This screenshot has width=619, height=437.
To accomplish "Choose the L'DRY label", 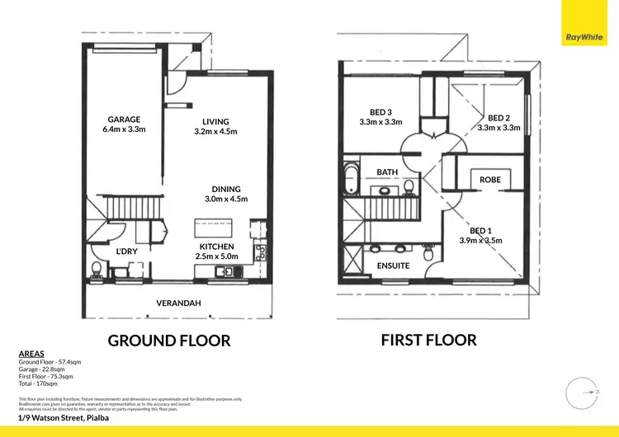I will (x=125, y=251).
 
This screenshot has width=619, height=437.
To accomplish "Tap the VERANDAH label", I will (x=178, y=303).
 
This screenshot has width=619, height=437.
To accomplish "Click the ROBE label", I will (x=490, y=179).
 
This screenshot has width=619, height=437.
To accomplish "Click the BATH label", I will (x=387, y=172).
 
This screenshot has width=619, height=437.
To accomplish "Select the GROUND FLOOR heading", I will (x=169, y=340).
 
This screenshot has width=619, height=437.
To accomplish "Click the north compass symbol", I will (x=583, y=391).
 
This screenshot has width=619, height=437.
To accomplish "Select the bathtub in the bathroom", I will (x=350, y=176).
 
